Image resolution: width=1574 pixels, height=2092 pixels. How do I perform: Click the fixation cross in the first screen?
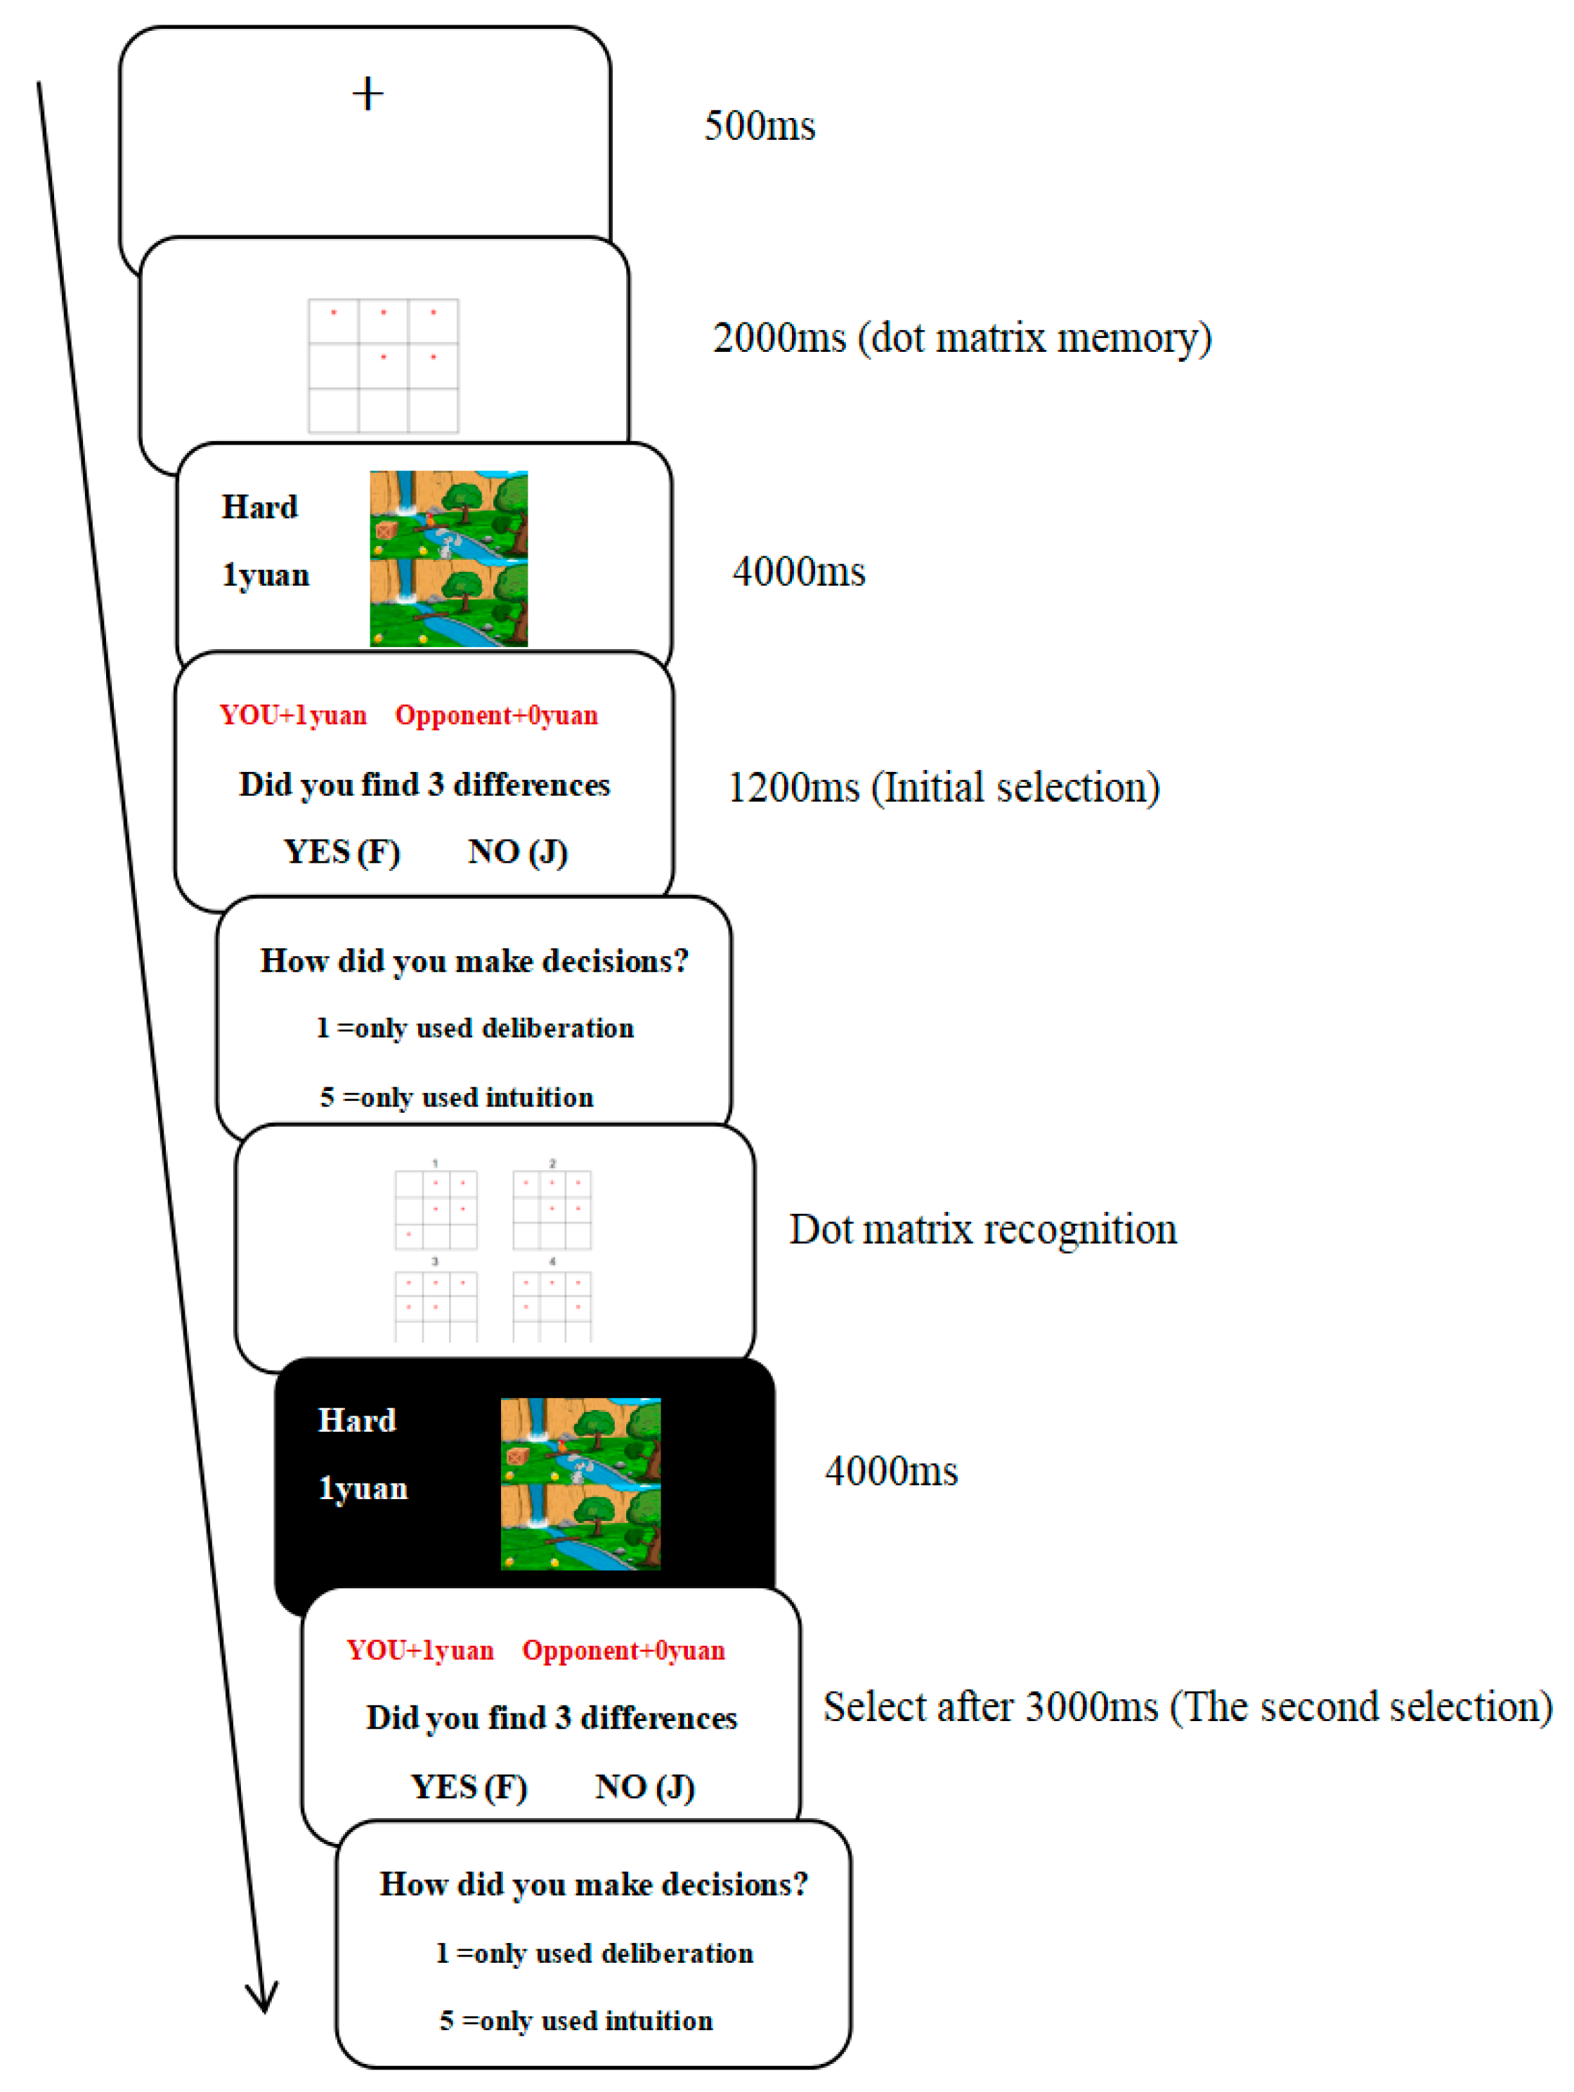coord(367,93)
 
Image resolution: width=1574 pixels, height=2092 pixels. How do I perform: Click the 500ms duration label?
coord(759,126)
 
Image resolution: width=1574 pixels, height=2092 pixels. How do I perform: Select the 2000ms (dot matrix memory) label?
coord(961,338)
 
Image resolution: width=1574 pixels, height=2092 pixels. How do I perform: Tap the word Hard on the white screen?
coord(259,507)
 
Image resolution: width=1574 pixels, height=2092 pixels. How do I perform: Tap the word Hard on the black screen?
coord(357,1420)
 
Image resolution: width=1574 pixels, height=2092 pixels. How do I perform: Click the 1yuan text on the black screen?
coord(363,1488)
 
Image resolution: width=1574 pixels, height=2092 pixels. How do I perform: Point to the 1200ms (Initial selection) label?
coord(943,787)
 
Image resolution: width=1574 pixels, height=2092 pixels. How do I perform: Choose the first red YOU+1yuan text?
coord(293,715)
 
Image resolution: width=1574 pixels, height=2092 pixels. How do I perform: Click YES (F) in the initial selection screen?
coord(342,851)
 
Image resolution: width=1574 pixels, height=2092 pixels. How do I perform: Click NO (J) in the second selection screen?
coord(644,1786)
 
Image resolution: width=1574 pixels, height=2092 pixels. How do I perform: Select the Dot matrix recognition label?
coord(983,1229)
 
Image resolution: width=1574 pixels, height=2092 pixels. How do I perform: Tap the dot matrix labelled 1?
coord(435,1210)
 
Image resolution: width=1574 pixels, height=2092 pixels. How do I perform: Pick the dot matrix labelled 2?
coord(552,1210)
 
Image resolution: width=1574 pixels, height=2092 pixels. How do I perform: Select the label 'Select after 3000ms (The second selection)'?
coord(1187,1707)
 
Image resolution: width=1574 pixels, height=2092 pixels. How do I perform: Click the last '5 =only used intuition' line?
coord(575,2021)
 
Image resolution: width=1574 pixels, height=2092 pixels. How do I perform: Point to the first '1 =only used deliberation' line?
coord(475,1028)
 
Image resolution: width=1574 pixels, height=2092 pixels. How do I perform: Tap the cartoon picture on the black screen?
coord(580,1483)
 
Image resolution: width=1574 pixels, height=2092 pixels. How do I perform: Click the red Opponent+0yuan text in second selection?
coord(623,1650)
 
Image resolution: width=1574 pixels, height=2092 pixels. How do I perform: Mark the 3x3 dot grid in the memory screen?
coord(383,366)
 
